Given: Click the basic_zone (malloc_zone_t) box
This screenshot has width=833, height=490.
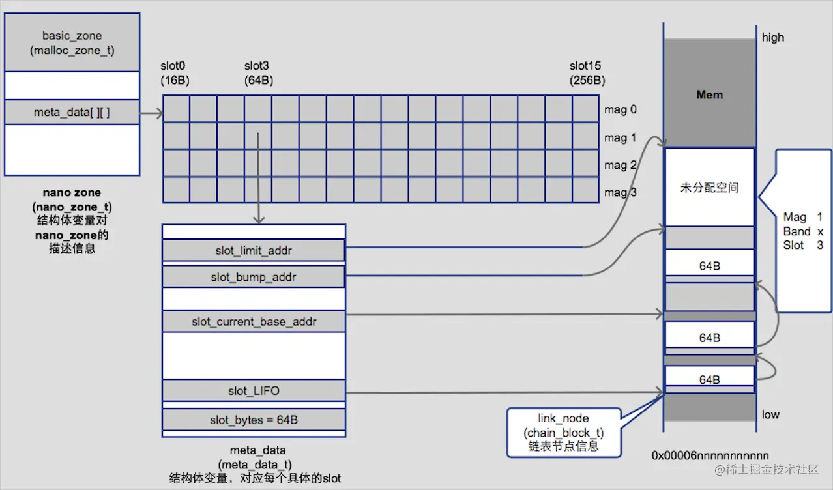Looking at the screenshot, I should tap(72, 42).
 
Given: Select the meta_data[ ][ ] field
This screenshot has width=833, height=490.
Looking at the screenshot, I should tap(72, 113).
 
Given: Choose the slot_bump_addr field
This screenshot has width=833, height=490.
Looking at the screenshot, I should tap(254, 277).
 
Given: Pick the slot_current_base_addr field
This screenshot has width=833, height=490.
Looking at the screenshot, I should tap(254, 322).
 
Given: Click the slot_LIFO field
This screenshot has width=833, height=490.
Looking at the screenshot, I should tap(254, 391).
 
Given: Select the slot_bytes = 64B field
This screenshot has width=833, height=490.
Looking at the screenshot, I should tap(254, 420).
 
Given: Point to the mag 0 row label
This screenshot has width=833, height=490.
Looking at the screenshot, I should tap(620, 109).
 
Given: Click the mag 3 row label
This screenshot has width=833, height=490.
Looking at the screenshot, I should tap(620, 192).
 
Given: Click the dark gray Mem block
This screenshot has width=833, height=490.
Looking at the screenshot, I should tap(709, 94).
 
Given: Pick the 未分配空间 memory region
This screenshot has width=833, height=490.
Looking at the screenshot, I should tap(709, 188).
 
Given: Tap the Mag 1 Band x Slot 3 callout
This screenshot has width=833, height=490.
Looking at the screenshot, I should tap(803, 231).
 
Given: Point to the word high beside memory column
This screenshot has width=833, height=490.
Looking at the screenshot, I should tap(773, 38).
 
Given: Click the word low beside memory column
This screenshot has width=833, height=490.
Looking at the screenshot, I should tap(770, 414).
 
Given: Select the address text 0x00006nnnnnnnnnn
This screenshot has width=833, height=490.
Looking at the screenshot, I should tap(710, 455).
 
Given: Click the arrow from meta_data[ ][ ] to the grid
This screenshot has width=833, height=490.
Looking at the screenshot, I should tap(151, 113).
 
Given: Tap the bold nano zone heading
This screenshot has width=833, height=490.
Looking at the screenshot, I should tap(72, 193).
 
